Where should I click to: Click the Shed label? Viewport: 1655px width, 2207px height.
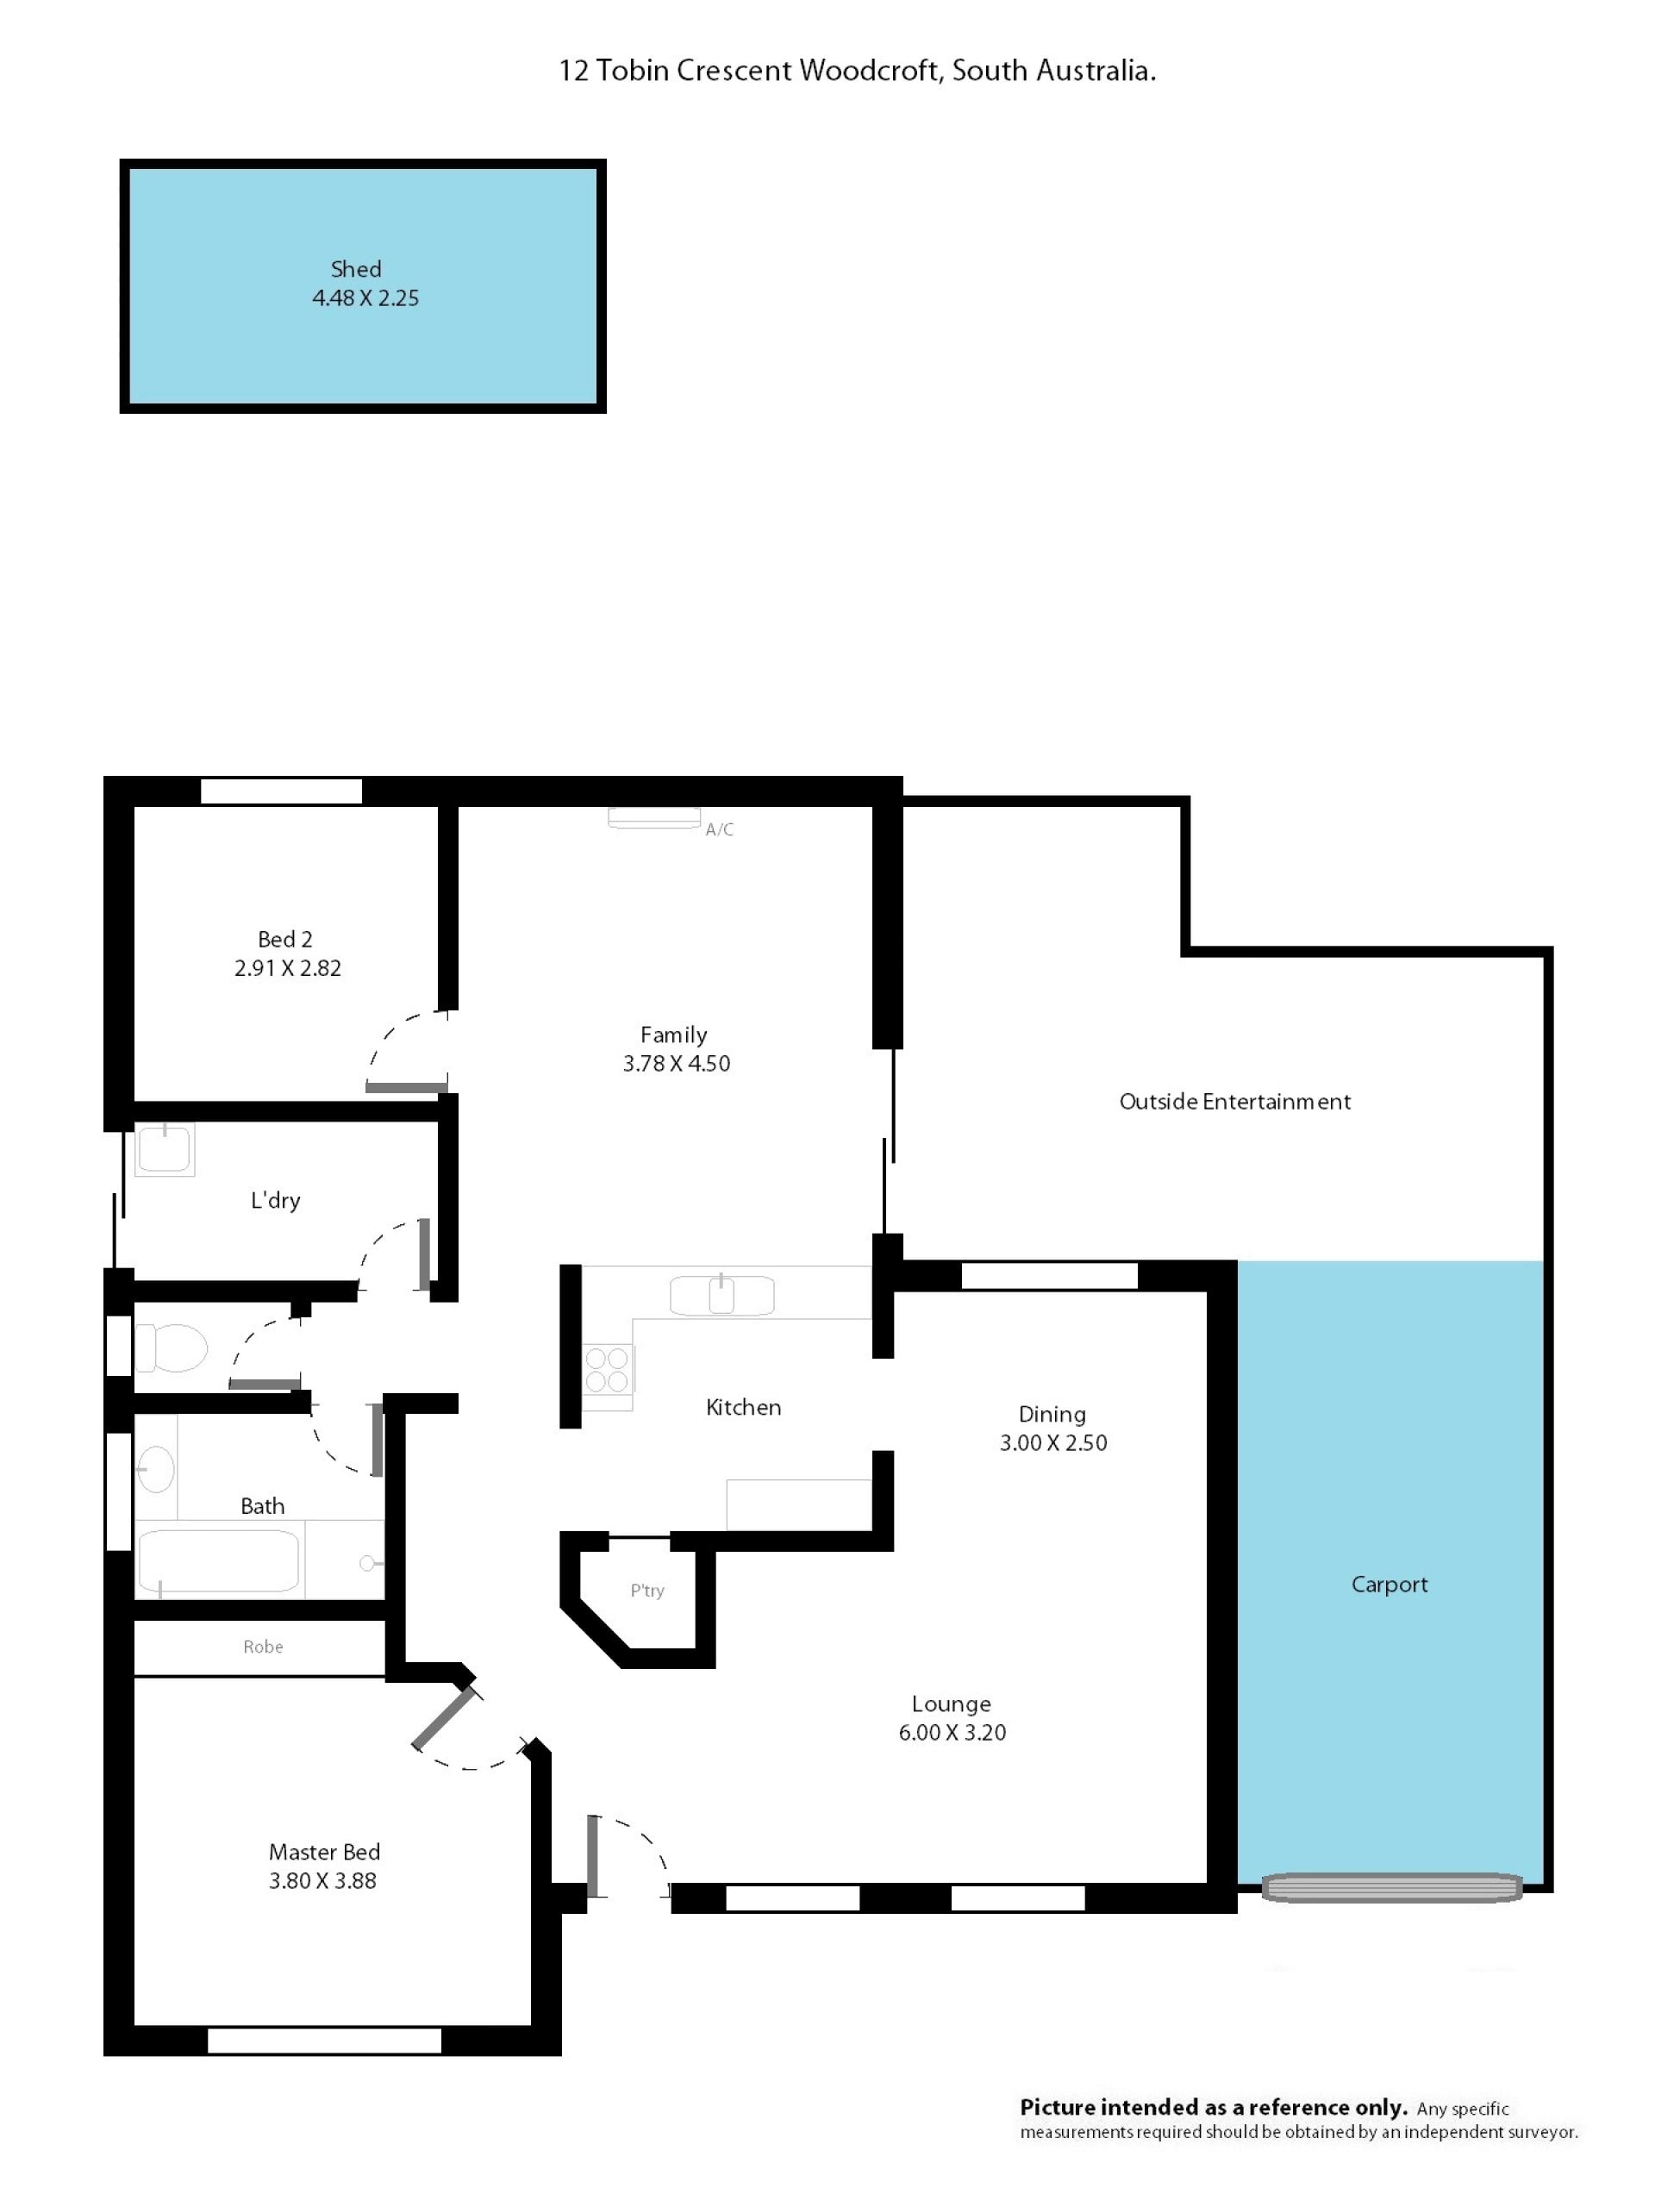pos(356,268)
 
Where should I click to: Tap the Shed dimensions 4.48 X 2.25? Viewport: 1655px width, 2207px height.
pos(365,297)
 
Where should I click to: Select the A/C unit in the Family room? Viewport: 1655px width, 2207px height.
pos(654,817)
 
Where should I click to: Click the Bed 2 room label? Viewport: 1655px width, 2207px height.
pos(285,939)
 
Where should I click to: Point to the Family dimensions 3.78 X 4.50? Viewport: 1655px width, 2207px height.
pos(677,1064)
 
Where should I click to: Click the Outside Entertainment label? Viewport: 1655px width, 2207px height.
pos(1235,1102)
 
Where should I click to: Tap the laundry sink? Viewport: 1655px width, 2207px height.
pos(164,1148)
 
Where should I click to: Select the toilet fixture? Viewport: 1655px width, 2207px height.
pos(171,1348)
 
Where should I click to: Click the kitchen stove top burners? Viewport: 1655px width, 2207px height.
pos(608,1369)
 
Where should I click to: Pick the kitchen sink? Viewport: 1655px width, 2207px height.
pos(721,1295)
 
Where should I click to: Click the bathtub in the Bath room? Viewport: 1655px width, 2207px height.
pos(217,1561)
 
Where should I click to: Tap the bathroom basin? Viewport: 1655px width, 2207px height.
pos(156,1469)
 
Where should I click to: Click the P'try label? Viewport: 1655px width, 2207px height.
pos(646,1591)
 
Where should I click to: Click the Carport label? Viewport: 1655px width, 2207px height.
pos(1389,1585)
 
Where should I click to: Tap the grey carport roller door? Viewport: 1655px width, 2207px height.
pos(1391,1888)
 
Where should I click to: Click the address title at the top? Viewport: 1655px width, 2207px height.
pos(857,71)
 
